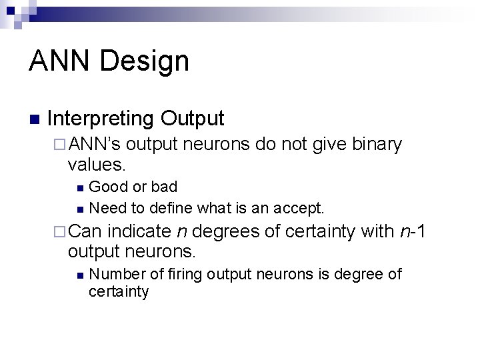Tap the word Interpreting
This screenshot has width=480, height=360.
(x=101, y=119)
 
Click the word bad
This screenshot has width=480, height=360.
(x=164, y=186)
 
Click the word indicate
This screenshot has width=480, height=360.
(x=140, y=231)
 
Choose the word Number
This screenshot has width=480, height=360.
(x=114, y=274)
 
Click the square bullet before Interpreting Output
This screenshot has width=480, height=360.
(x=34, y=120)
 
